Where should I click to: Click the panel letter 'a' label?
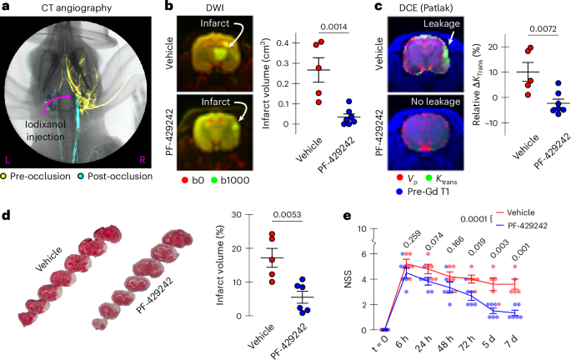[6, 7]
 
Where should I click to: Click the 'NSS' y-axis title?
[351, 292]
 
